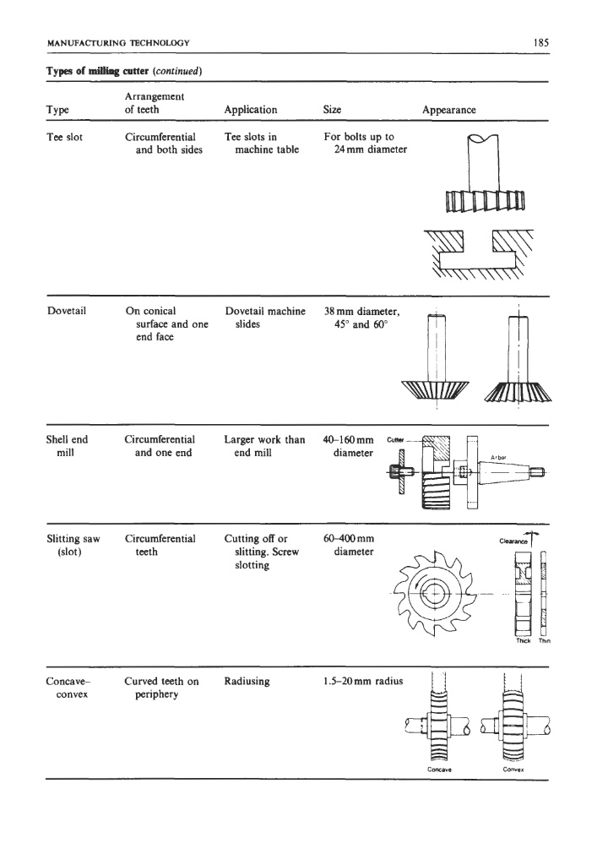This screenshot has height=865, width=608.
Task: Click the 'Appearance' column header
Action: [x=449, y=110]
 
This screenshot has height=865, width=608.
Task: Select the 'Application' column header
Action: [x=251, y=110]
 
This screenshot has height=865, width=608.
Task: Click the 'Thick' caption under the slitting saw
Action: [x=521, y=639]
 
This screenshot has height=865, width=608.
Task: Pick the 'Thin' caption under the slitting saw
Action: [x=543, y=639]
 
